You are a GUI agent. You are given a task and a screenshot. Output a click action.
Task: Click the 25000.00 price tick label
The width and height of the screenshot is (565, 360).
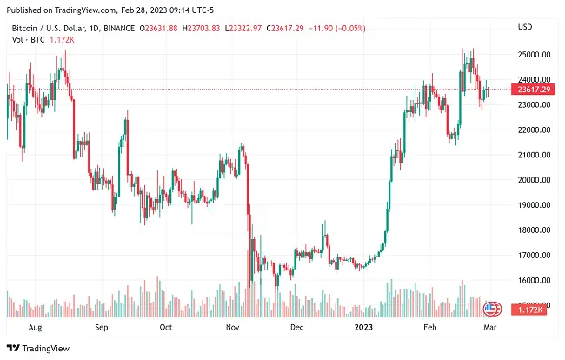[532, 54]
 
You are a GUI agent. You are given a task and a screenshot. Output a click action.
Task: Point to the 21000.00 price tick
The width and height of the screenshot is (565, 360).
[532, 155]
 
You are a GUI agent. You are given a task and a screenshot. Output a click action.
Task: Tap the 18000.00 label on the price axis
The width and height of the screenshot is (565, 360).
[532, 230]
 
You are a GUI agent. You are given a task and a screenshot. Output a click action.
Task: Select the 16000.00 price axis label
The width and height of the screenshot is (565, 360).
[532, 281]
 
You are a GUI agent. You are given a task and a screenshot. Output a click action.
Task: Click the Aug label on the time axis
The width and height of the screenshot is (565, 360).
[36, 329]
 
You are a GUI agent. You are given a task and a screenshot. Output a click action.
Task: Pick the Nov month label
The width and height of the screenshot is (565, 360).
[232, 329]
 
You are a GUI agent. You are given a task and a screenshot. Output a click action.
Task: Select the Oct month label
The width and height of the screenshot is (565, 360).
[166, 329]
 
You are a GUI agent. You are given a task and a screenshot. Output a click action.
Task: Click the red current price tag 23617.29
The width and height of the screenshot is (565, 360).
[531, 89]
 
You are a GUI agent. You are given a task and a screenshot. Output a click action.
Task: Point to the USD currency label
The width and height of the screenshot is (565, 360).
[524, 27]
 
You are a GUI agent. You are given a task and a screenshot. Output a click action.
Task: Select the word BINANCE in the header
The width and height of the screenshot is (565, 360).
[119, 28]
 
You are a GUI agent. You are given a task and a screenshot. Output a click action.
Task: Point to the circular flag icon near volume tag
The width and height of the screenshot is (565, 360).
[492, 308]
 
